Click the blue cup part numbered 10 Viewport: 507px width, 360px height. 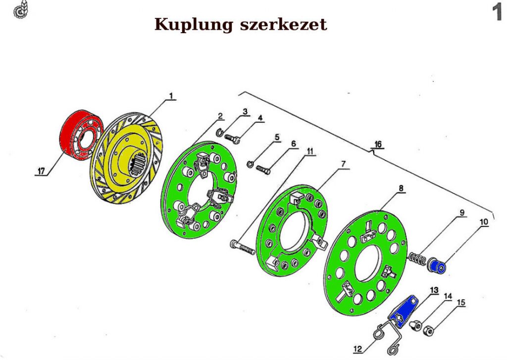[438, 266]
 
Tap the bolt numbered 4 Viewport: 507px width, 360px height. [233, 138]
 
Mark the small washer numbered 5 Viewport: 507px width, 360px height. [251, 164]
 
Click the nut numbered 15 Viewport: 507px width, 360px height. [429, 330]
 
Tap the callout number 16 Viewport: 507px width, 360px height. [378, 145]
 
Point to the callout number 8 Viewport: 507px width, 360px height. [400, 188]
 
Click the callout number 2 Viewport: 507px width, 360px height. [220, 116]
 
